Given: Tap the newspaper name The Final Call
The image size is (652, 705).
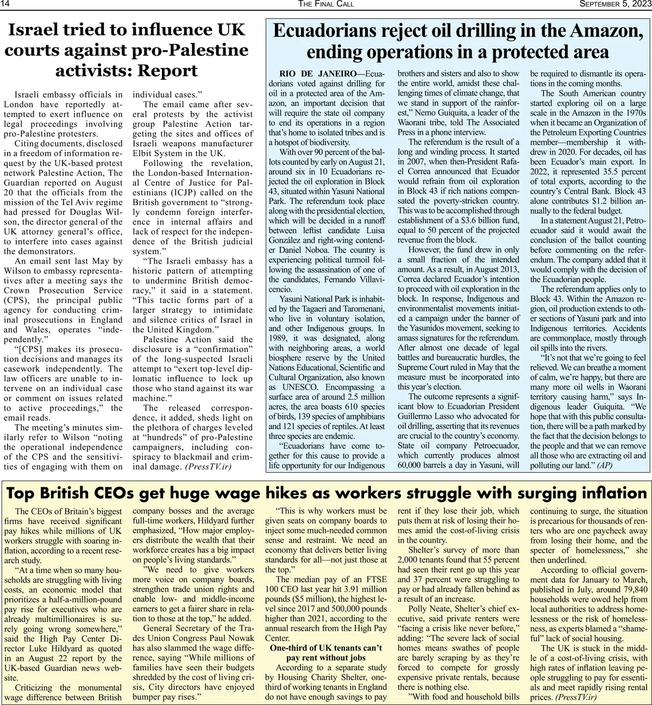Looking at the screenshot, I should [326, 4].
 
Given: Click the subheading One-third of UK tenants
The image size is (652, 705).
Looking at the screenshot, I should [326, 648].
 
